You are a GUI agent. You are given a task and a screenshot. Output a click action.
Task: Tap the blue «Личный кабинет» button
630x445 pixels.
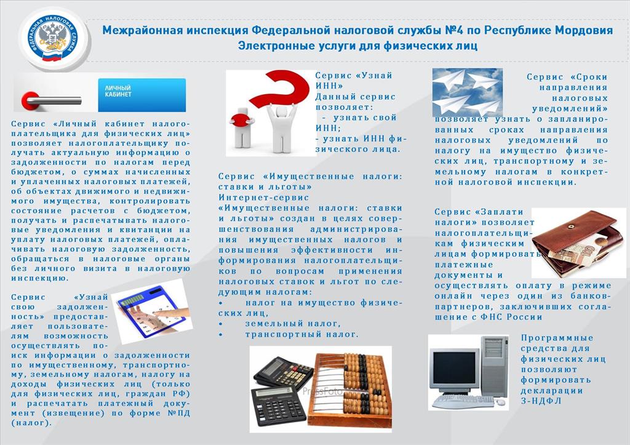pos(142,95)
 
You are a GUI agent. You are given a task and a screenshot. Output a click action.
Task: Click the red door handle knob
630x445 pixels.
pos(30,100)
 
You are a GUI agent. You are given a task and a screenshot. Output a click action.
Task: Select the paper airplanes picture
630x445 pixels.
pos(468,92)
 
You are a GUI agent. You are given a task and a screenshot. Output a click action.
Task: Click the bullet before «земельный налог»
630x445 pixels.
pos(220,324)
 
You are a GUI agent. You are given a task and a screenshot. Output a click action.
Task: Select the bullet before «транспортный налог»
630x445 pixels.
pos(220,334)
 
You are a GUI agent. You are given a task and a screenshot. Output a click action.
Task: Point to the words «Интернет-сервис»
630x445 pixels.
pos(263,198)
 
